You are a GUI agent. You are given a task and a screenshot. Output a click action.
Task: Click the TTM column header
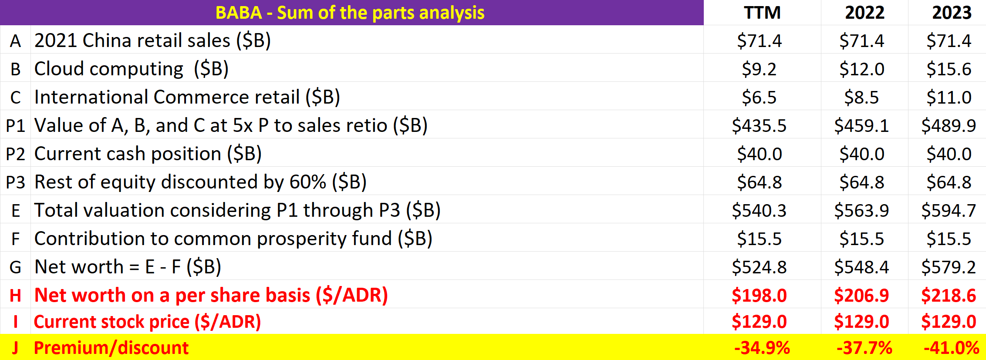pyautogui.click(x=762, y=13)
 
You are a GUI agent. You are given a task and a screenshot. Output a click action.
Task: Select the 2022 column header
pyautogui.click(x=864, y=13)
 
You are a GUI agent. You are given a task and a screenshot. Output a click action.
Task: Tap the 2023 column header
pyautogui.click(x=952, y=13)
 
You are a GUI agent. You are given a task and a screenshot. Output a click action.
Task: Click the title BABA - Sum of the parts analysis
pyautogui.click(x=350, y=13)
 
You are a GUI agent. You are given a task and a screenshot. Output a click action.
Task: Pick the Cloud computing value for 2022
pyautogui.click(x=862, y=69)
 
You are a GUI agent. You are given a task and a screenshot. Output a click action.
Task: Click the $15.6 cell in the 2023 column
pyautogui.click(x=949, y=69)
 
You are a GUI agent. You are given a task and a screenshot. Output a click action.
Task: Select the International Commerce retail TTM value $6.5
pyautogui.click(x=759, y=98)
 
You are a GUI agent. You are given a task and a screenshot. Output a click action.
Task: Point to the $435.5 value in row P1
pyautogui.click(x=759, y=126)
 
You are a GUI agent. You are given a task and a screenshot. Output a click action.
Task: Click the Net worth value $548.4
pyautogui.click(x=861, y=267)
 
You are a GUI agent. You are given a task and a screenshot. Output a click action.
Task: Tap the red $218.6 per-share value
pyautogui.click(x=949, y=296)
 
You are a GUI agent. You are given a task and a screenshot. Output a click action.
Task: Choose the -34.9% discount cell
pyautogui.click(x=762, y=348)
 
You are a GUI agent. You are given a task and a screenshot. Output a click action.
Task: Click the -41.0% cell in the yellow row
pyautogui.click(x=951, y=348)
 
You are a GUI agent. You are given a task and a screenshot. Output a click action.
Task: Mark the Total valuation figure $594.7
pyautogui.click(x=949, y=211)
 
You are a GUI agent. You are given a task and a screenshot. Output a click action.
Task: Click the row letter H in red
pyautogui.click(x=15, y=296)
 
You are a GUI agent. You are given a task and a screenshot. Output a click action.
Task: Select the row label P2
pyautogui.click(x=15, y=154)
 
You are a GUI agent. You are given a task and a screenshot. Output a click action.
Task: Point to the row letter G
pyautogui.click(x=15, y=267)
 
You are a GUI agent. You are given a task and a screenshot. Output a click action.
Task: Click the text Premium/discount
pyautogui.click(x=111, y=348)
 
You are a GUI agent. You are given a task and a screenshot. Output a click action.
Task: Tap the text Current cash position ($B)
pyautogui.click(x=148, y=154)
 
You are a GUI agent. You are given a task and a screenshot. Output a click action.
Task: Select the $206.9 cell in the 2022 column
pyautogui.click(x=861, y=296)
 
